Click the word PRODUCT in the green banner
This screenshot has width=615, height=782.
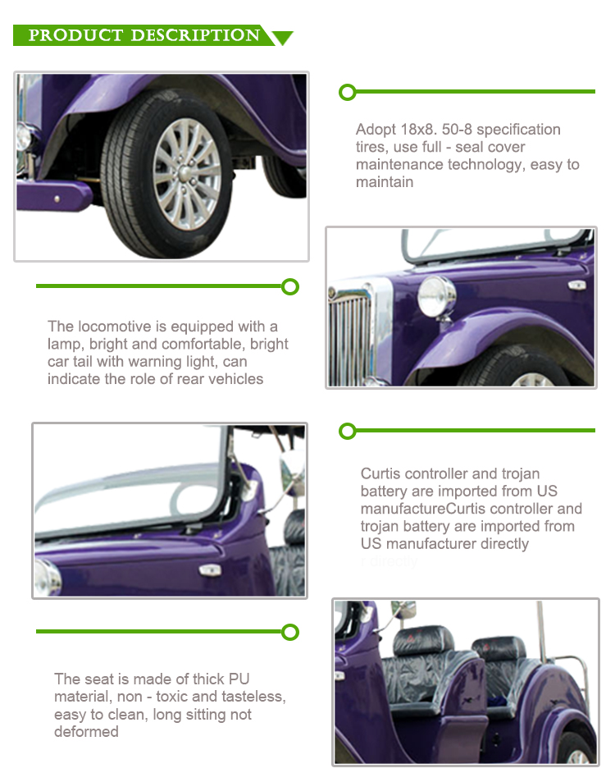click(75, 35)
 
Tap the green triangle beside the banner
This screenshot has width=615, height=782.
click(282, 38)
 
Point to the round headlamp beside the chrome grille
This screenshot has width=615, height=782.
click(436, 297)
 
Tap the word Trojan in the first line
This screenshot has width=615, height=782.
click(521, 473)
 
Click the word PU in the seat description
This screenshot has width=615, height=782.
click(239, 679)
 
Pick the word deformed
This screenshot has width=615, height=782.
click(86, 732)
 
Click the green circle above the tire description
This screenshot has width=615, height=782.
click(348, 92)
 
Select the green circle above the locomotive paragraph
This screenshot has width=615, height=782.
click(290, 286)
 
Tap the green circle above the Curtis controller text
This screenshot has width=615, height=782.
click(348, 432)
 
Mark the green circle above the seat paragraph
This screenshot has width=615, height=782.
click(290, 633)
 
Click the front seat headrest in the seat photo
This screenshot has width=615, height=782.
click(423, 640)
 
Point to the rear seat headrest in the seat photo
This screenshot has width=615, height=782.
click(499, 648)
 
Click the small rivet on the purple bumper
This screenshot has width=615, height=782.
click(57, 199)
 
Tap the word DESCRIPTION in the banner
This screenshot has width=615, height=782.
click(195, 35)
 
